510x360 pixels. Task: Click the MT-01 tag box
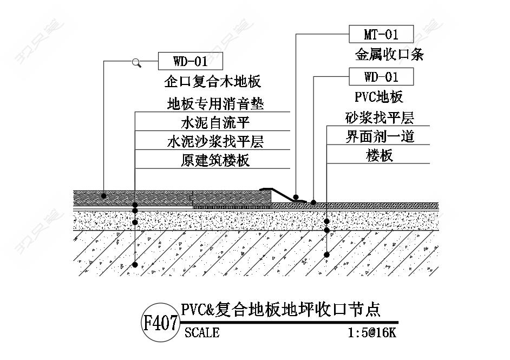coord(381,35)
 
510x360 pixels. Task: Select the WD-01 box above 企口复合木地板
coord(190,61)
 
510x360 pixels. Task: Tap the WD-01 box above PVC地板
coord(381,77)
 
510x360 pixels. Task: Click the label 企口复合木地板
coord(212,82)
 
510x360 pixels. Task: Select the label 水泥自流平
coord(215,121)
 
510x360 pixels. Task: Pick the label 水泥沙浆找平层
coord(215,141)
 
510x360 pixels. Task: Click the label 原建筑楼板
coord(215,160)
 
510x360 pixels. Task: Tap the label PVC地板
coord(379,97)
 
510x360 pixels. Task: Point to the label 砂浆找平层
coord(379,117)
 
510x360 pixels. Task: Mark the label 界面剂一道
coord(379,136)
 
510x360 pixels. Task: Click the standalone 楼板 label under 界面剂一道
coord(379,156)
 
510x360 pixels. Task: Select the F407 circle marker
coord(160,324)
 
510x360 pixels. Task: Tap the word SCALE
coord(202,332)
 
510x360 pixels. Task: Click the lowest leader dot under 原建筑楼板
coord(135,264)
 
